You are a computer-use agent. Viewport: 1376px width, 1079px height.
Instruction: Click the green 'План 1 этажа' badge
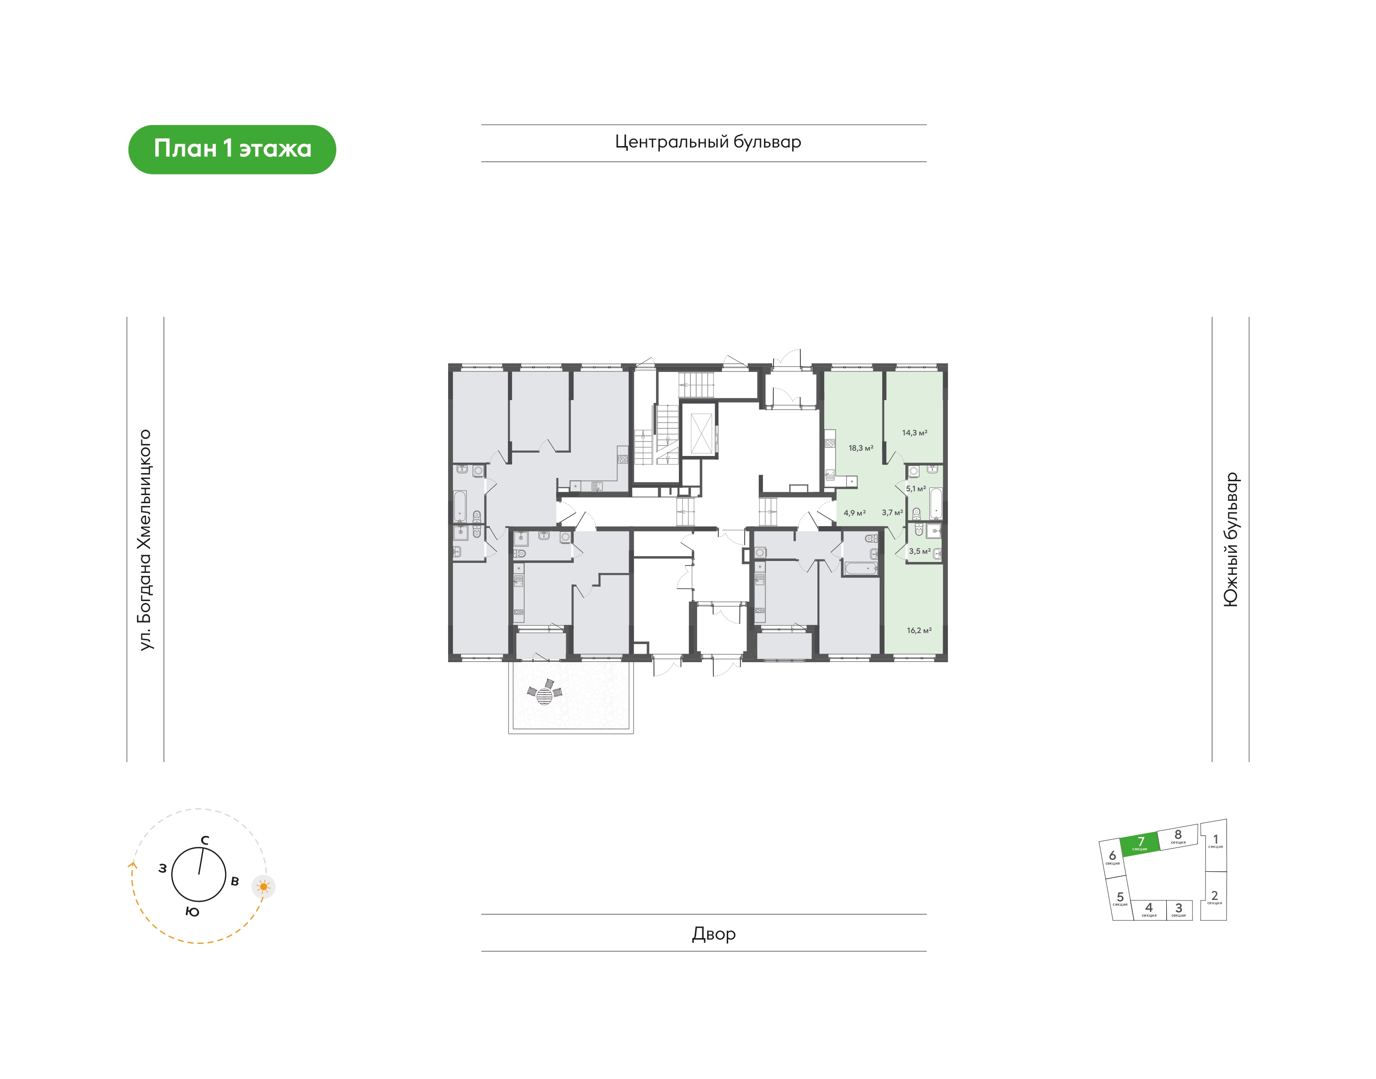(x=232, y=149)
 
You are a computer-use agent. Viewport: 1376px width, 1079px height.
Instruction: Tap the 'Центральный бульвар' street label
(x=708, y=142)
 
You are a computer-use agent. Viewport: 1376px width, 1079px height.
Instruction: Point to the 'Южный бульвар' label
(x=1231, y=539)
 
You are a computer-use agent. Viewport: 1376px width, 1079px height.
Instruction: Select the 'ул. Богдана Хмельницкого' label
(x=145, y=539)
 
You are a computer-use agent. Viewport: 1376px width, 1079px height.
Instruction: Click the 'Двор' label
(x=714, y=934)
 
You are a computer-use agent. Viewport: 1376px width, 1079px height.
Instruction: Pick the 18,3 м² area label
(x=861, y=448)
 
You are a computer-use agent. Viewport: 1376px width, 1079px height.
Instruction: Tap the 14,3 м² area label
(x=914, y=433)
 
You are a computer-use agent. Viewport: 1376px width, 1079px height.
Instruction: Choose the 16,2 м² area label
(x=919, y=631)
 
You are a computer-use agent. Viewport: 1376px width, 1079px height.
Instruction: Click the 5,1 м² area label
(x=916, y=488)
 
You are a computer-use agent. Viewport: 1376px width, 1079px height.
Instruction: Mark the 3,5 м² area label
(x=920, y=551)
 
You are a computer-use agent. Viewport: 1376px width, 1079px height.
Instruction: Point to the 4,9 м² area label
(x=855, y=513)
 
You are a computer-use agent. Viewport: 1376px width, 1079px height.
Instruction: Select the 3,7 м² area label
(x=892, y=512)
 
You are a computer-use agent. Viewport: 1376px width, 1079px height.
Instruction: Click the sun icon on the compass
(x=264, y=887)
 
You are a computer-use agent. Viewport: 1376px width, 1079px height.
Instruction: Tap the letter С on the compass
(x=205, y=840)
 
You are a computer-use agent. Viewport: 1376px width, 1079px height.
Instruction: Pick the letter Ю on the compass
(x=193, y=911)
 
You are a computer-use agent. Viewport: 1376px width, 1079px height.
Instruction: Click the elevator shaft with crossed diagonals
(x=700, y=434)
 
